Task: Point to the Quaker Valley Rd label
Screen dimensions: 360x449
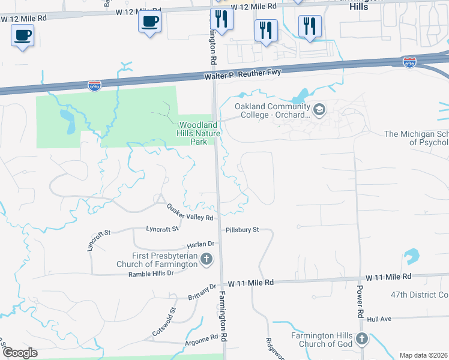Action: (x=190, y=212)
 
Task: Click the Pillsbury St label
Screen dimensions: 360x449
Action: (x=243, y=230)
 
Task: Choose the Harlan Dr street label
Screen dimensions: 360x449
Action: (x=200, y=244)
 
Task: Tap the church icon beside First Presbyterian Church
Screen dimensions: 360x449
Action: (x=206, y=260)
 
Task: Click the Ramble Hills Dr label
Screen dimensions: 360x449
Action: (x=151, y=274)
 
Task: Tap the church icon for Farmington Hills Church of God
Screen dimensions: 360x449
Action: (x=361, y=339)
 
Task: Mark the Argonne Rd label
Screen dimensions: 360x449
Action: (x=202, y=339)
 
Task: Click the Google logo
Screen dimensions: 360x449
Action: (x=20, y=352)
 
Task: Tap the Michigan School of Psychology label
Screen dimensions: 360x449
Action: (x=417, y=138)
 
